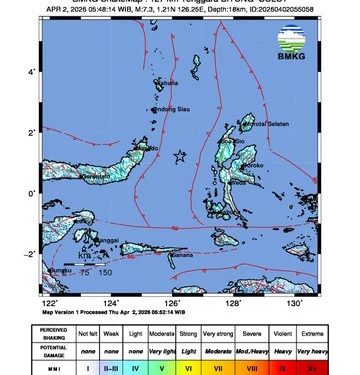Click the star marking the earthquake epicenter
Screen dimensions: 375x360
click(x=181, y=157)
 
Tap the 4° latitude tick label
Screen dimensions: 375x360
click(x=31, y=72)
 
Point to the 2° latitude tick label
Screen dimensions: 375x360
click(x=31, y=132)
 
